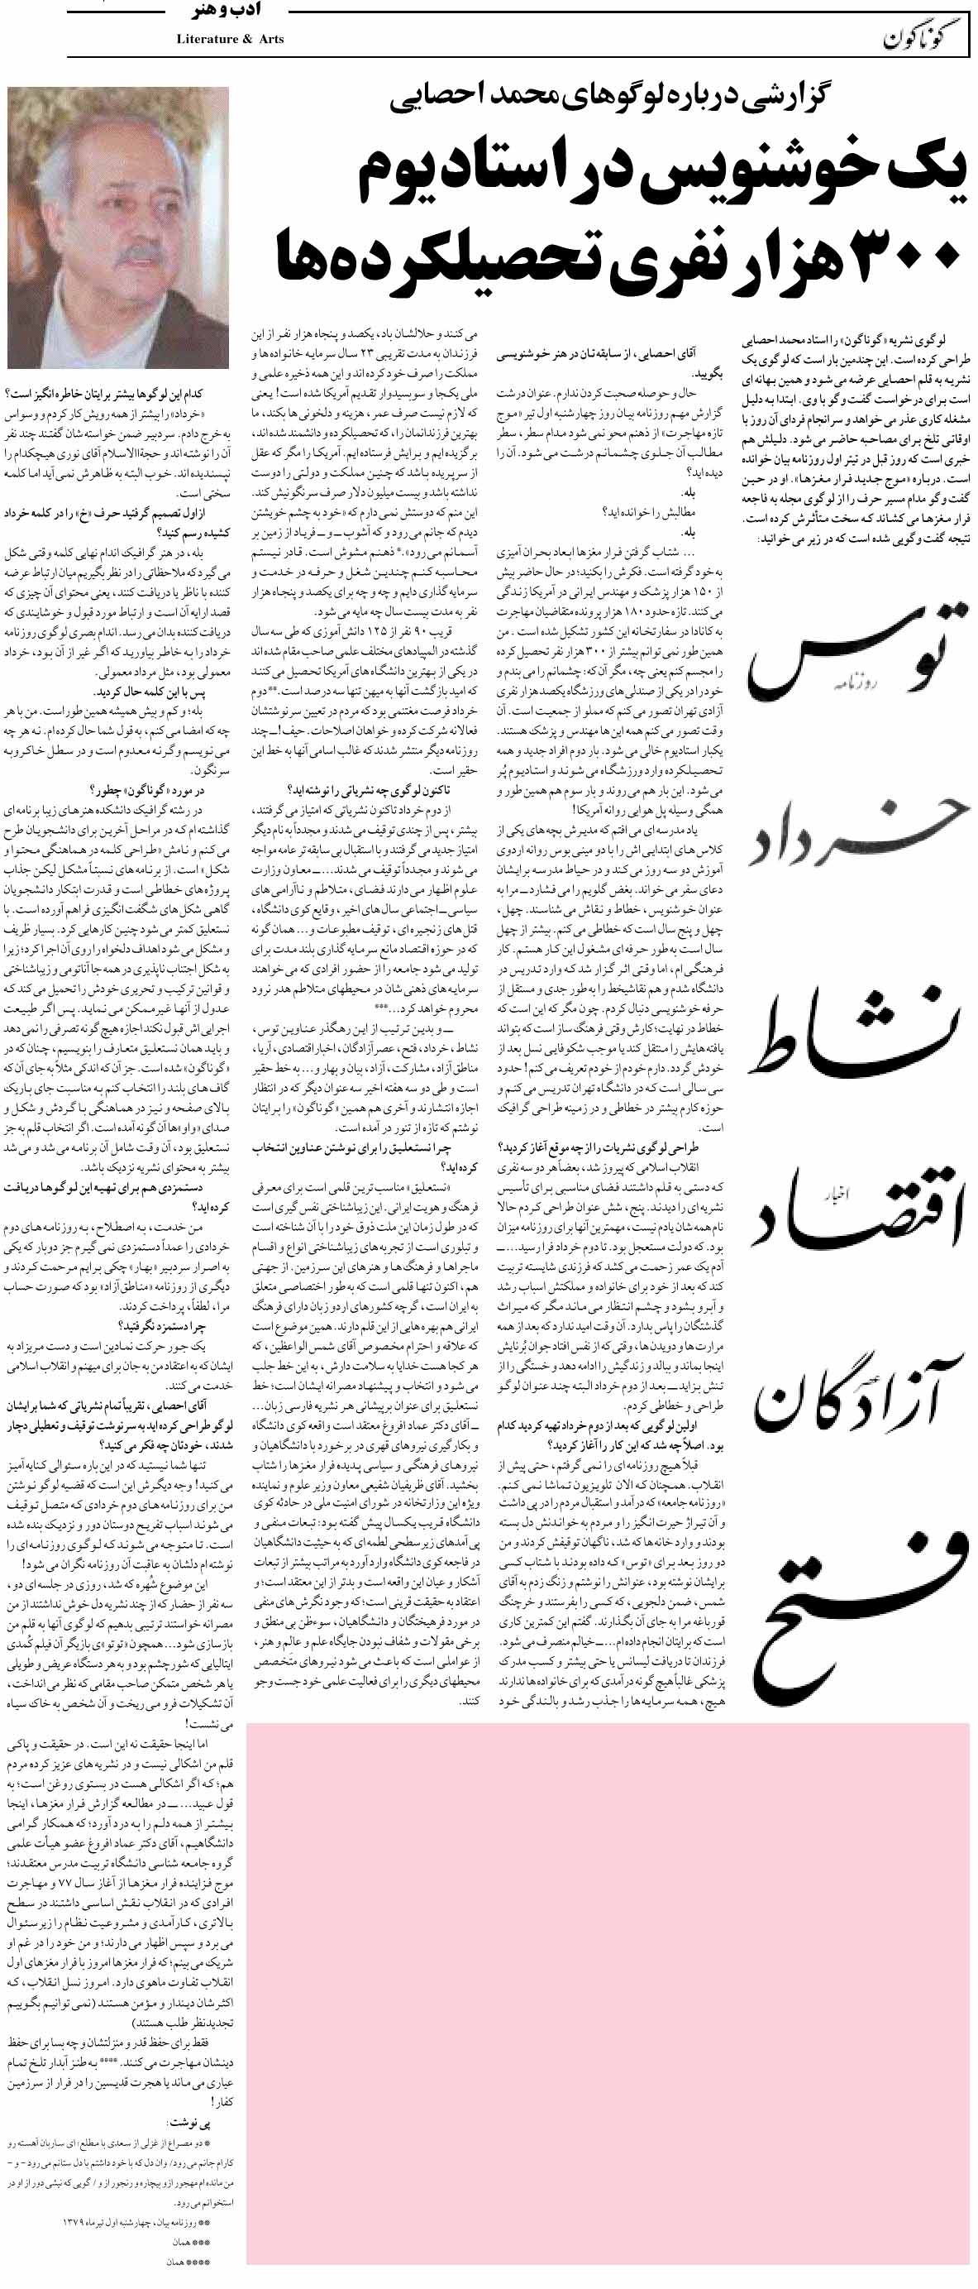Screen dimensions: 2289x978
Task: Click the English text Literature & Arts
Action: point(230,39)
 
